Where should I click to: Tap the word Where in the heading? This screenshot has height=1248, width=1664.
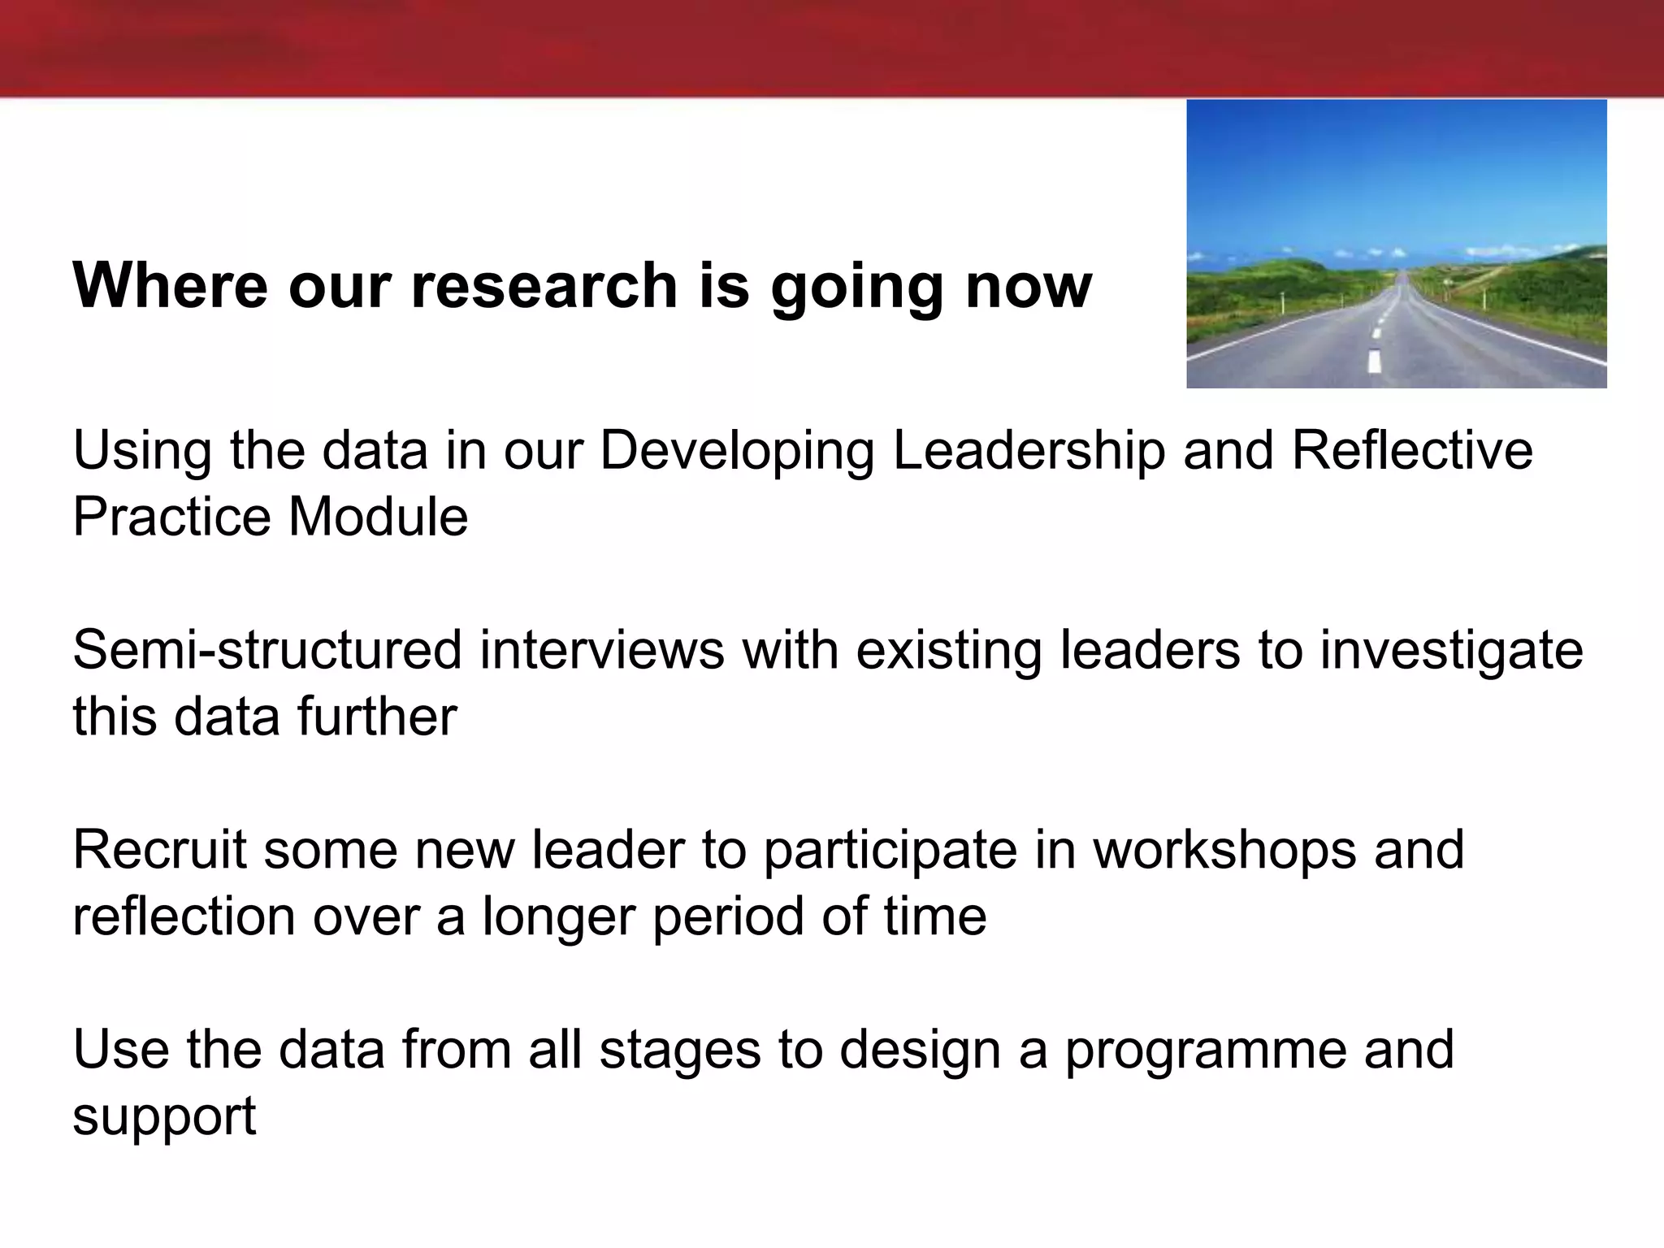(x=170, y=285)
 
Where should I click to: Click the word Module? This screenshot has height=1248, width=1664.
(x=378, y=517)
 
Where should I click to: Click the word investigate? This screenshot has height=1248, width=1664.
(x=1451, y=651)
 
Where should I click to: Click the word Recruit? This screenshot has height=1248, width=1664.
(x=159, y=850)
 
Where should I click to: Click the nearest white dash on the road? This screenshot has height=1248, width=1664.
(x=1374, y=361)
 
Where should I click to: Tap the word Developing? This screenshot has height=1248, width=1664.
(x=737, y=453)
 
